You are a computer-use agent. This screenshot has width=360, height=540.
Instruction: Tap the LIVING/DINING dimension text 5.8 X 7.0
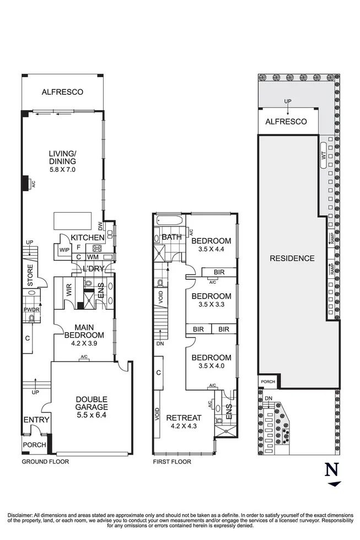[62, 170]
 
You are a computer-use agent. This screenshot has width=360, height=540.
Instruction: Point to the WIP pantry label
[63, 249]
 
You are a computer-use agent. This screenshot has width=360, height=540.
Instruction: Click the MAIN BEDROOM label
[84, 331]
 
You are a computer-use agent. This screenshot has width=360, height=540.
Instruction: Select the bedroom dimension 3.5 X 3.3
[211, 305]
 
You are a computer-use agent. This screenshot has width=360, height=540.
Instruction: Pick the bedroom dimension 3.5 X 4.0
[211, 366]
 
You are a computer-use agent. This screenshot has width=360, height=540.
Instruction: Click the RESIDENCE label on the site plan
[292, 258]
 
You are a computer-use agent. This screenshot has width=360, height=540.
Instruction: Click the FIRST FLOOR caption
[172, 462]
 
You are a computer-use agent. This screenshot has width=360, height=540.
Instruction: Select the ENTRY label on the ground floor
[36, 420]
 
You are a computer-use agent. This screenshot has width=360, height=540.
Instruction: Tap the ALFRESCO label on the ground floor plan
[62, 92]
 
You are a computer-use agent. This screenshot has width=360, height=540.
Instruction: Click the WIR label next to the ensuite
[70, 290]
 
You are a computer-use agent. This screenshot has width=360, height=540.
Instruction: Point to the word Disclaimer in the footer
[22, 512]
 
